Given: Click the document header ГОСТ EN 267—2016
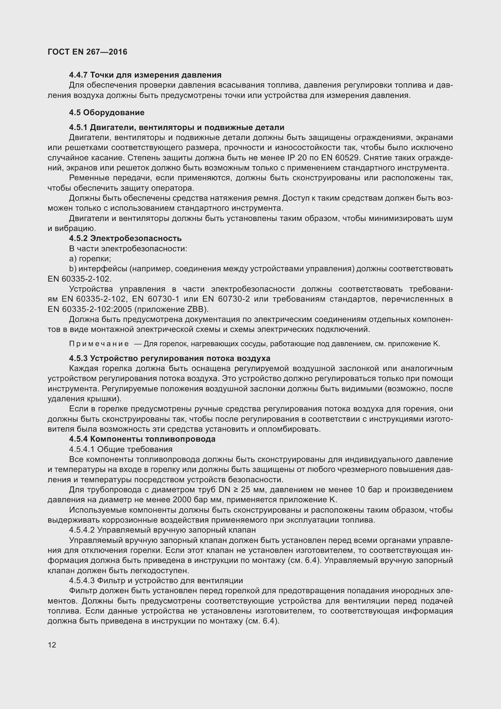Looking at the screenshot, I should (x=87, y=52).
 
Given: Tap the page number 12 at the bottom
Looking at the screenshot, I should (x=52, y=645).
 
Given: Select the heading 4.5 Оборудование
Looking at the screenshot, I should (x=106, y=112).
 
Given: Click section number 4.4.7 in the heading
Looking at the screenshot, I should (x=78, y=75).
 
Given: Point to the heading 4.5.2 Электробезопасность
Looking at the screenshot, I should (x=125, y=238).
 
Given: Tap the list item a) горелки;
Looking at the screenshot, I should (x=90, y=259).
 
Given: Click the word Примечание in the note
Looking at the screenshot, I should (x=99, y=344).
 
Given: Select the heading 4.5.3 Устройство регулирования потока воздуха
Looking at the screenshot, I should (x=169, y=359).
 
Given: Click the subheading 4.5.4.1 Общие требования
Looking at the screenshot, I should (x=121, y=449).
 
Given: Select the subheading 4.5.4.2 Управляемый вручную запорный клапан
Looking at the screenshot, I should (x=162, y=530).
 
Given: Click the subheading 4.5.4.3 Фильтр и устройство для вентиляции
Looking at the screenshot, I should (x=156, y=581).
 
